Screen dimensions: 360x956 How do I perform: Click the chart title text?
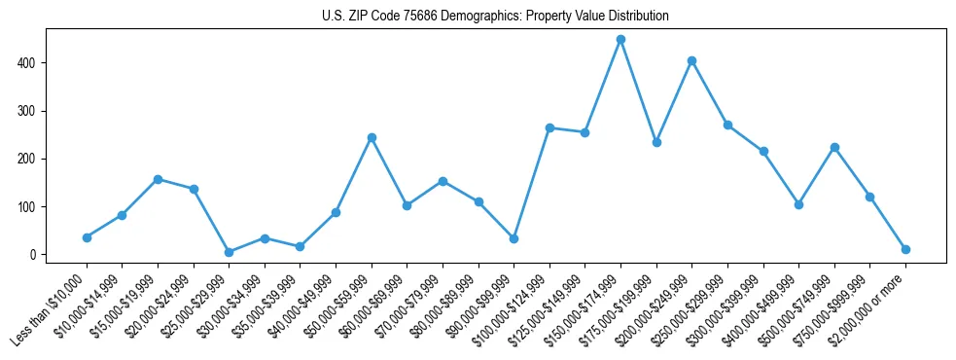click(x=495, y=17)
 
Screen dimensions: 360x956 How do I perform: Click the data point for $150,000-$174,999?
click(x=620, y=40)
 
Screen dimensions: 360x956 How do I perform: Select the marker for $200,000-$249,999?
click(x=691, y=60)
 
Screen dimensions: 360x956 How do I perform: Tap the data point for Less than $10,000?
click(x=87, y=237)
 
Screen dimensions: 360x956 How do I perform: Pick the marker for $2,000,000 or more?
click(x=905, y=249)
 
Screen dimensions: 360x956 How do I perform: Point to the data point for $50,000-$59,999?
click(x=372, y=137)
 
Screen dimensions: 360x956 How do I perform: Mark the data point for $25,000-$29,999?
click(x=229, y=252)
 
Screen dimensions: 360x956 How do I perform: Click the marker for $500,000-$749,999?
click(x=834, y=147)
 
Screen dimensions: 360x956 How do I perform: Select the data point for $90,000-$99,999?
click(x=513, y=238)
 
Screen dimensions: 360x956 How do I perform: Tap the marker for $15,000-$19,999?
click(x=158, y=179)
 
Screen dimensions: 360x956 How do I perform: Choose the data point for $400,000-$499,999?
click(x=798, y=204)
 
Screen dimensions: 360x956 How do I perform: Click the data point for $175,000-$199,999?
click(x=656, y=142)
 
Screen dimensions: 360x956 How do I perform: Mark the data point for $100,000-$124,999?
click(x=549, y=127)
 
